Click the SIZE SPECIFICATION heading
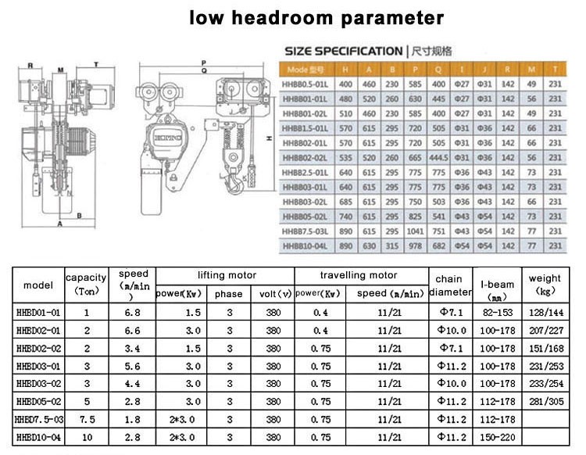tap(343, 51)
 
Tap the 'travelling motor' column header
tap(359, 276)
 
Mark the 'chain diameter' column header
tap(448, 285)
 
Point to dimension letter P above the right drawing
tap(202, 61)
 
